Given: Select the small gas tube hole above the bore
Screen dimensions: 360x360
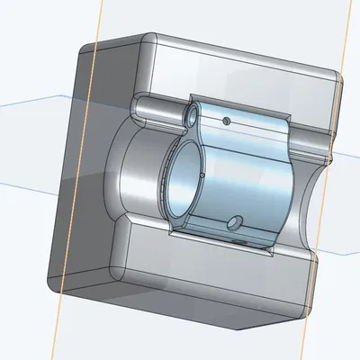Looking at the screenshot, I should pyautogui.click(x=191, y=114).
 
